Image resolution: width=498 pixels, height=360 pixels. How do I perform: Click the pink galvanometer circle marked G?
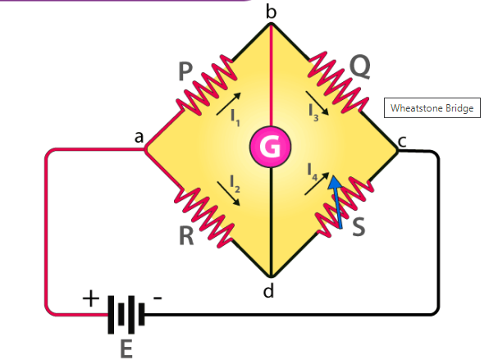point(270,146)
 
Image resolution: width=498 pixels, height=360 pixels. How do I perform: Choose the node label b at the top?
point(271,11)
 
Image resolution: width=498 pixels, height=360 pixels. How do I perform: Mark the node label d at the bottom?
point(269,289)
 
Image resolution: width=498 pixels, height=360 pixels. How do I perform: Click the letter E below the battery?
point(126,349)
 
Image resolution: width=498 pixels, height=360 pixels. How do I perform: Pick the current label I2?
point(235,182)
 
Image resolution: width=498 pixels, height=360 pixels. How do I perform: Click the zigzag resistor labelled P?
point(203,90)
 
